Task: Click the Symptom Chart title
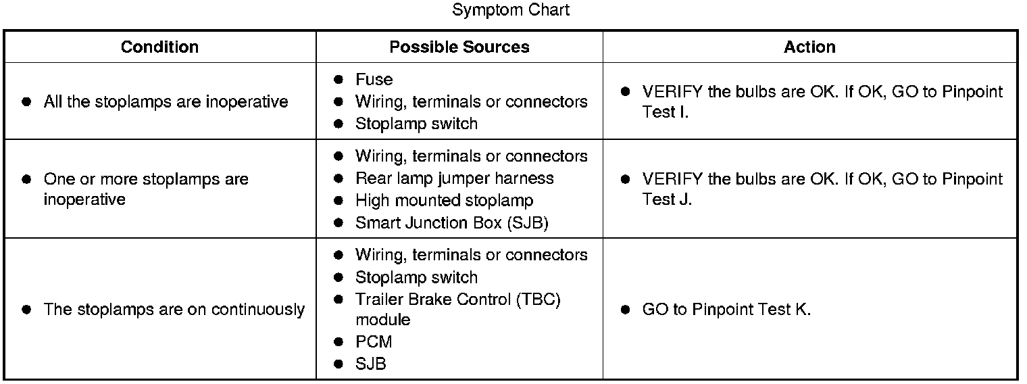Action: pyautogui.click(x=511, y=10)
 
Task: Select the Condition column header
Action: pyautogui.click(x=159, y=47)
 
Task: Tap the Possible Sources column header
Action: pyautogui.click(x=459, y=47)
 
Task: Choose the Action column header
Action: pyautogui.click(x=809, y=47)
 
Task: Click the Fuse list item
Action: pyautogui.click(x=374, y=79)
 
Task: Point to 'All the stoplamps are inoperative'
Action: pyautogui.click(x=166, y=101)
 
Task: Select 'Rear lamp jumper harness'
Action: pyautogui.click(x=454, y=178)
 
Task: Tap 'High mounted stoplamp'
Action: pyautogui.click(x=444, y=200)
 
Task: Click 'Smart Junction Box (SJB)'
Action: pyautogui.click(x=451, y=222)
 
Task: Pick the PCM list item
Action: pyautogui.click(x=373, y=341)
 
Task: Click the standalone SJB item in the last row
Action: pyautogui.click(x=370, y=364)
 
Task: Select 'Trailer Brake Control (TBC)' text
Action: pyautogui.click(x=458, y=299)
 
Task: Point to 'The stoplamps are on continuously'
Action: pyautogui.click(x=174, y=309)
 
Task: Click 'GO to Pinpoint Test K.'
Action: pyautogui.click(x=726, y=309)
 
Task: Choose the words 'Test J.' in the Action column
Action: pyautogui.click(x=667, y=199)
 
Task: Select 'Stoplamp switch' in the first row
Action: pyautogui.click(x=416, y=124)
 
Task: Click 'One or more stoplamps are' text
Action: pyautogui.click(x=146, y=178)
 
